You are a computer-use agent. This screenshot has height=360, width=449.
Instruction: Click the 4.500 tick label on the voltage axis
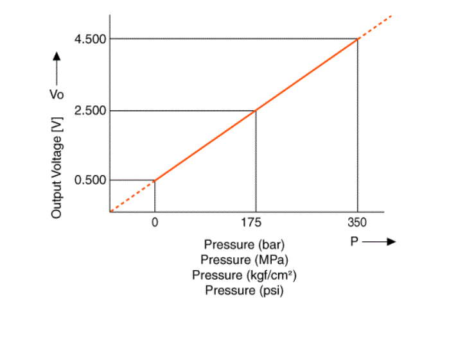[90, 39]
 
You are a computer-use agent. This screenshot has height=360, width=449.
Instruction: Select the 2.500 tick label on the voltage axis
[90, 111]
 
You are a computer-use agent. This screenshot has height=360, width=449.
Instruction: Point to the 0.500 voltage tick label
[90, 180]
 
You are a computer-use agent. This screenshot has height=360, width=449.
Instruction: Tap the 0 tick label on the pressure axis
[155, 223]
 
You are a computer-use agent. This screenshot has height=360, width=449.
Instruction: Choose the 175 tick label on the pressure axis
[256, 223]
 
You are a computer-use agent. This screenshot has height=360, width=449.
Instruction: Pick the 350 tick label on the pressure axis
[357, 223]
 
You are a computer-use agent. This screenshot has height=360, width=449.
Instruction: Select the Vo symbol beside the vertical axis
[56, 94]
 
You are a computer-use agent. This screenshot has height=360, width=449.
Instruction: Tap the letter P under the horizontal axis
[354, 242]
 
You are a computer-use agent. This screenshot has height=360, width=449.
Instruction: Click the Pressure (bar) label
[244, 244]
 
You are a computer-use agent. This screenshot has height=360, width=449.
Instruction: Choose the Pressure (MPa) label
[244, 260]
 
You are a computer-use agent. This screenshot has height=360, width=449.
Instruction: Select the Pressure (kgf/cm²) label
[244, 275]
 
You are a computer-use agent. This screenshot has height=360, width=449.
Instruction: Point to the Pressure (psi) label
[244, 291]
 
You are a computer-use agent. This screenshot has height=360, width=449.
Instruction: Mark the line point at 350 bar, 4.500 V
[357, 39]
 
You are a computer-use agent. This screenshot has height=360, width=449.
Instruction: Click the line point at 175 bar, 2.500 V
[256, 111]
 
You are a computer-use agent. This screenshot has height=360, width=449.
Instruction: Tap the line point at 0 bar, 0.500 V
[155, 180]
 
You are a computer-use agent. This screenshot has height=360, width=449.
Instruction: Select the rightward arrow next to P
[380, 242]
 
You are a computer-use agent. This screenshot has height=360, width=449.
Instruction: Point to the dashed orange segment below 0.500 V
[132, 196]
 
